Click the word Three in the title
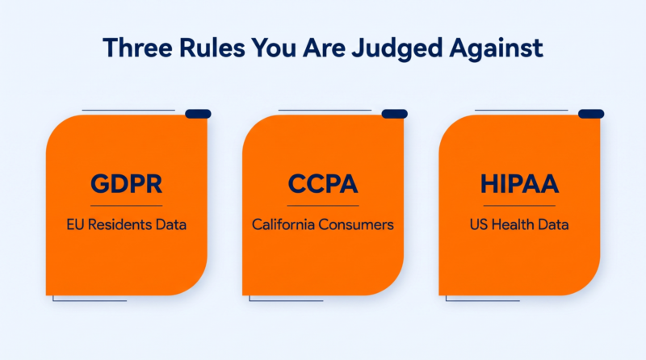137,48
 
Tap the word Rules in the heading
212,48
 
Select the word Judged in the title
396,49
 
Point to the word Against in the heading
496,49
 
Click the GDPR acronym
127,184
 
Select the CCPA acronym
323,184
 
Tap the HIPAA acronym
519,184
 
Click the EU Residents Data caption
127,224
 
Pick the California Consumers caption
323,224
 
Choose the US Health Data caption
519,224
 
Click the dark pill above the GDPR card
198,114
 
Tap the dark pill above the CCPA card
395,114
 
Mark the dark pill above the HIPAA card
591,114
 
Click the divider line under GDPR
127,206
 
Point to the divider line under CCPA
323,206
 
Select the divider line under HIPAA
519,206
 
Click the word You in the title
274,48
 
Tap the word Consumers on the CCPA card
356,224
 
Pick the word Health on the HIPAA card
515,224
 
